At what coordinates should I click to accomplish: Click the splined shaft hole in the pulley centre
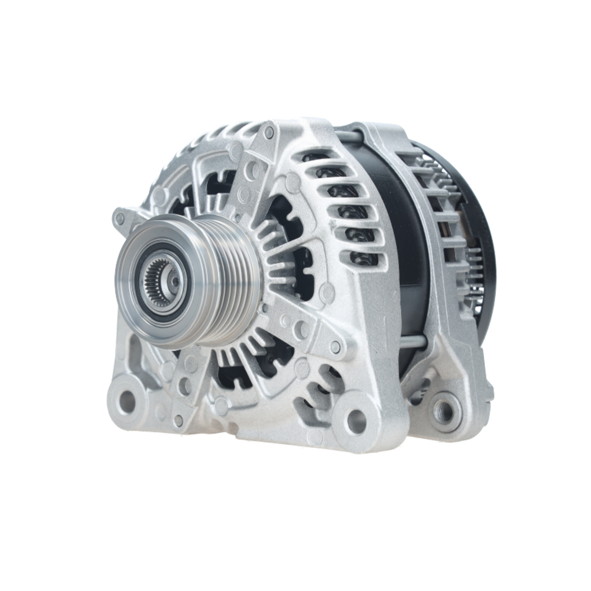[158, 282]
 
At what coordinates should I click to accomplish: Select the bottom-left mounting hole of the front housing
[126, 402]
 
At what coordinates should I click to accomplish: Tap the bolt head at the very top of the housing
[269, 131]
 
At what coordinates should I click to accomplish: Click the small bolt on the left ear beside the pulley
[120, 219]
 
